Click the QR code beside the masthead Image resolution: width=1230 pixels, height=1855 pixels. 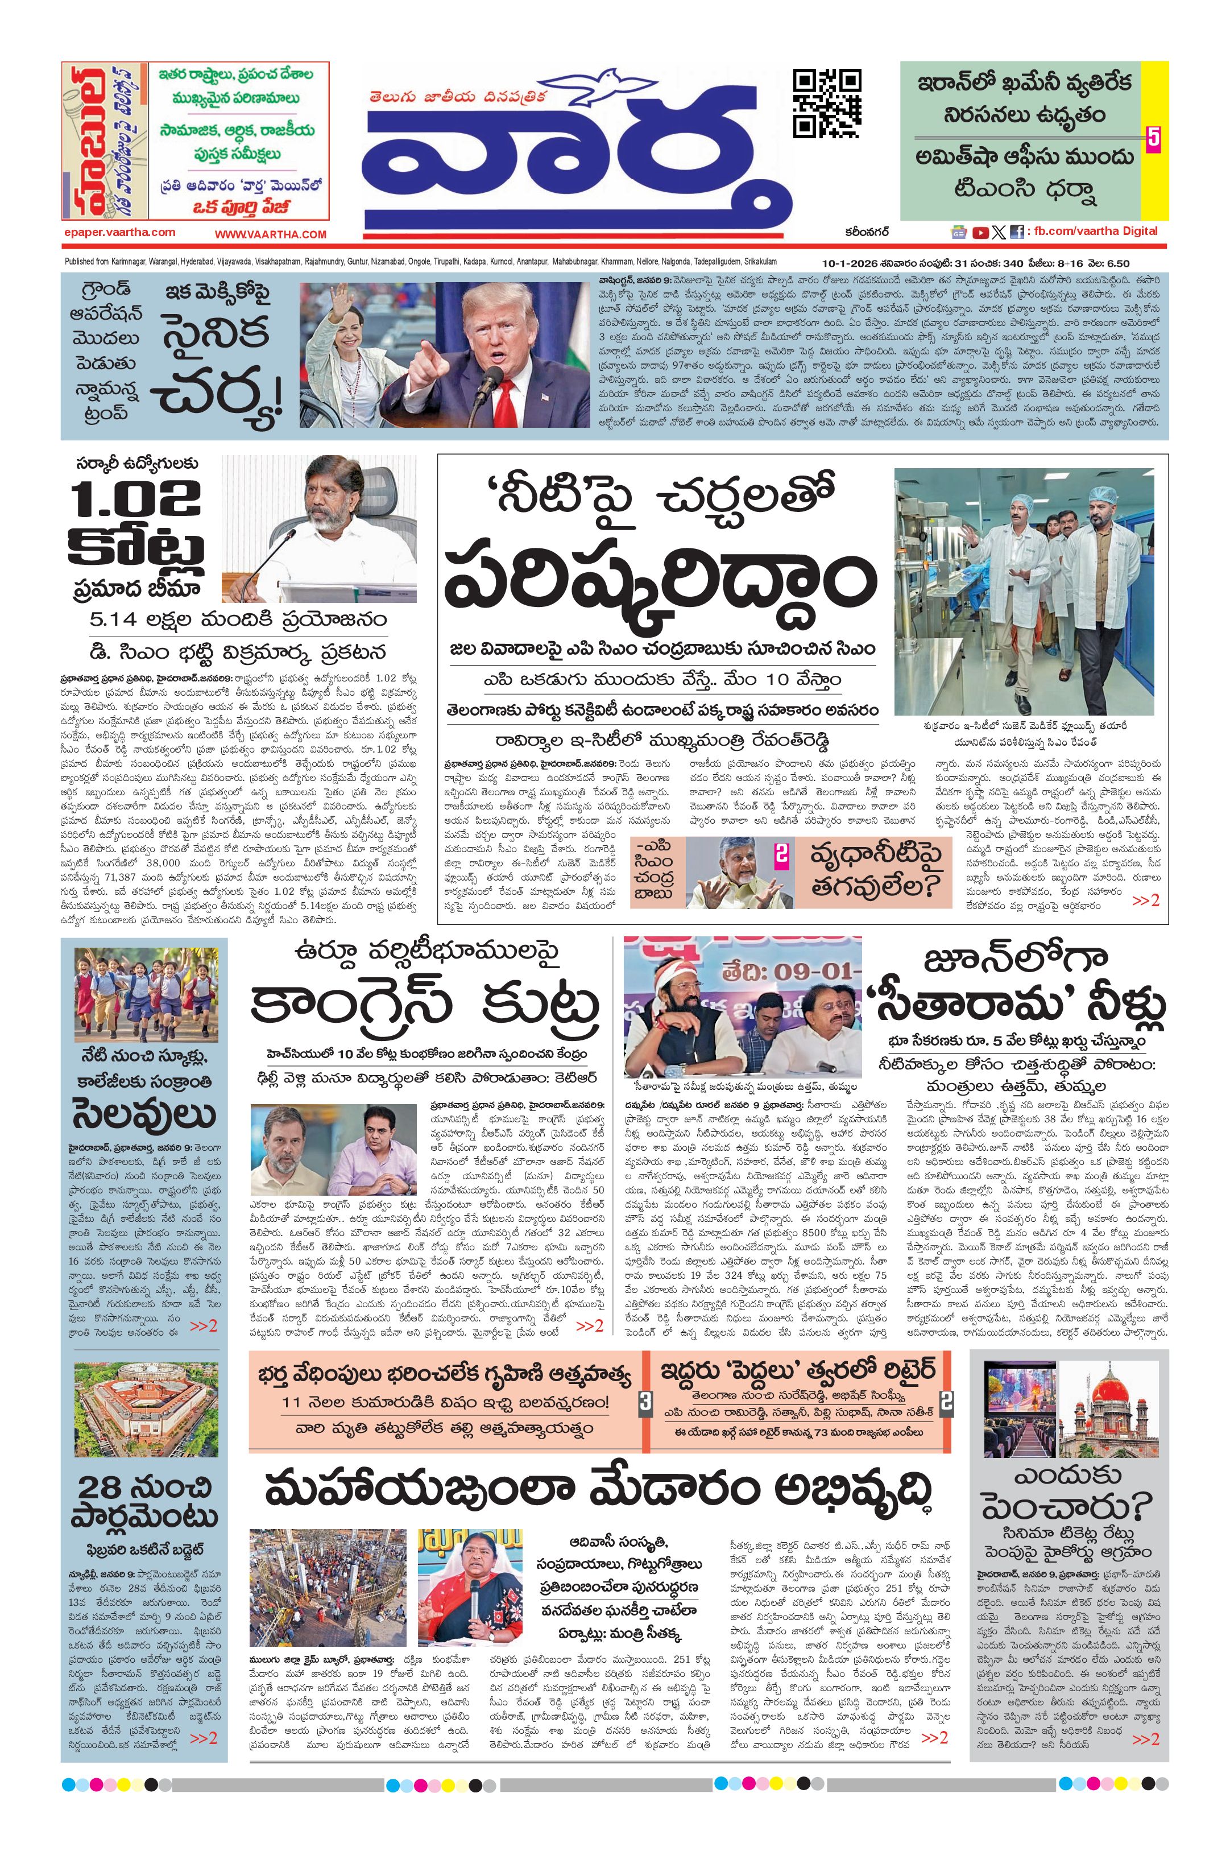(827, 103)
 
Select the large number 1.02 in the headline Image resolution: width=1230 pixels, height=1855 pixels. (135, 499)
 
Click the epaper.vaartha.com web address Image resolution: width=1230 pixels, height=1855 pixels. (119, 232)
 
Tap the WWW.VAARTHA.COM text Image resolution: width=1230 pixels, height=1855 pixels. (271, 234)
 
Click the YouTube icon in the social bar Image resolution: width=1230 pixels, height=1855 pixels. (980, 232)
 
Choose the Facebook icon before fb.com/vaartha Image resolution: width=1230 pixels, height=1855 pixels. (1017, 232)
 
